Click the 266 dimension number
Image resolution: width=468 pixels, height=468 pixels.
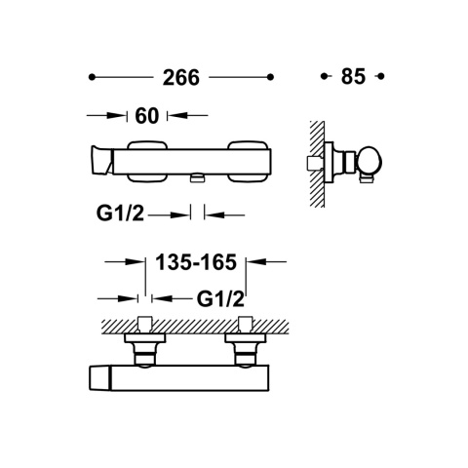point(181,78)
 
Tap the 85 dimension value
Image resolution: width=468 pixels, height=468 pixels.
point(353,77)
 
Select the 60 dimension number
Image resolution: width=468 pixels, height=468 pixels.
point(147,116)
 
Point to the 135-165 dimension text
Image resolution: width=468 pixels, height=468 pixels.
point(196,262)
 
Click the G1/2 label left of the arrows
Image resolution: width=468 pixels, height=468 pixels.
point(120,214)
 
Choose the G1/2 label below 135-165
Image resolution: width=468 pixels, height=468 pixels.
point(220,299)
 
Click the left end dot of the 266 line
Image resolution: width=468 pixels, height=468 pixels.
point(92,77)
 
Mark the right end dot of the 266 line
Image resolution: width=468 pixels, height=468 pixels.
point(270,77)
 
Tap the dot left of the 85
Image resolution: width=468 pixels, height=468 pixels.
point(324,76)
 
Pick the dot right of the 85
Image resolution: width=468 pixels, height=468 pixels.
point(381,76)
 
